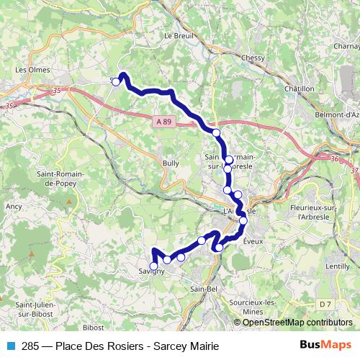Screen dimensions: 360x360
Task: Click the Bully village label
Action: (171, 163)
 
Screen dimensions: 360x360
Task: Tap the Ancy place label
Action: (14, 206)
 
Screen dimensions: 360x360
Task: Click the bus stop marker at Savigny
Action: (153, 266)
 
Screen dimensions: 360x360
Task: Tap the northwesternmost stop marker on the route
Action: (115, 81)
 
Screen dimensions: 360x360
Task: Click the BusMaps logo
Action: (325, 346)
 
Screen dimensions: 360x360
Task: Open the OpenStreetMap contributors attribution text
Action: (297, 323)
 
